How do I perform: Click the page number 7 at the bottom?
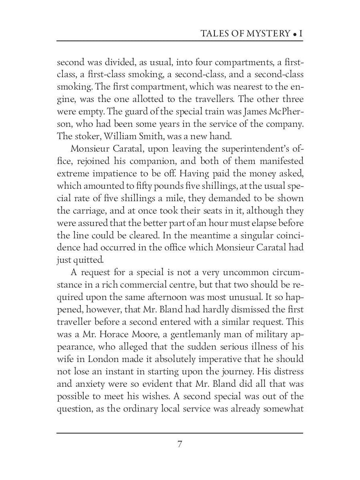click(180, 444)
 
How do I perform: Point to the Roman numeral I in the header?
click(301, 34)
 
